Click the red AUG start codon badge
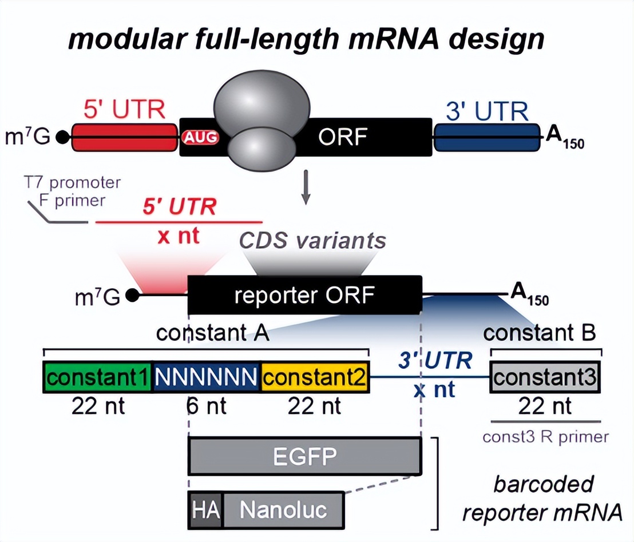(x=200, y=138)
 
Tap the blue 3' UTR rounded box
(x=487, y=137)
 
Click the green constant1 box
(x=98, y=377)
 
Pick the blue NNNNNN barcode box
(x=207, y=377)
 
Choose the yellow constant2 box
(x=315, y=377)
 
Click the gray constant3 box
(x=545, y=377)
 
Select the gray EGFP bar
(x=304, y=456)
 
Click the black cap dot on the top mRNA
(x=63, y=138)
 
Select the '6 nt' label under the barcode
(x=206, y=406)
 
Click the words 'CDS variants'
(x=312, y=241)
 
